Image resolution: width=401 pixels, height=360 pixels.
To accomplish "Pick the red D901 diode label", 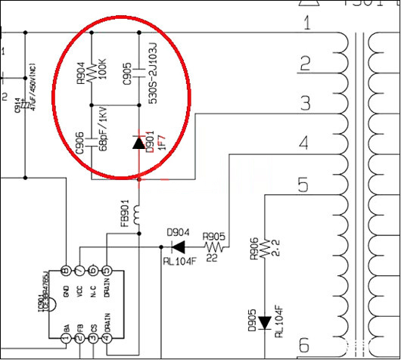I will (x=150, y=142).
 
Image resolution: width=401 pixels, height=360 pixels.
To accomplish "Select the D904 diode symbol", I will (x=179, y=246).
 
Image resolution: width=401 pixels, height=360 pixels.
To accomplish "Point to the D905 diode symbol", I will (x=265, y=323).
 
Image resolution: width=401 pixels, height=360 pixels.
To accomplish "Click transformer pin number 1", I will (x=307, y=23).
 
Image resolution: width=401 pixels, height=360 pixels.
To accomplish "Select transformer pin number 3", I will (x=305, y=103).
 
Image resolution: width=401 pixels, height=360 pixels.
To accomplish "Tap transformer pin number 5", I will (x=303, y=185).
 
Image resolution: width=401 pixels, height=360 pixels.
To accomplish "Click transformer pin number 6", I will (x=304, y=345).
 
